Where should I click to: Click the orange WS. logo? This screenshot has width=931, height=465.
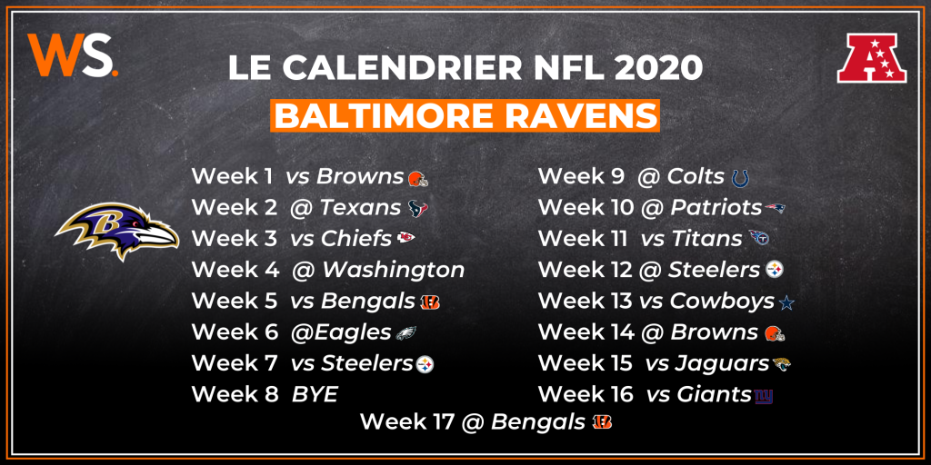point(72,55)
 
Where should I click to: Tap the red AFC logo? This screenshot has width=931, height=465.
point(872,57)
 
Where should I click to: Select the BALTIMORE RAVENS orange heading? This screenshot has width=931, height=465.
point(465,116)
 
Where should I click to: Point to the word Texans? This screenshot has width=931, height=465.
point(360,208)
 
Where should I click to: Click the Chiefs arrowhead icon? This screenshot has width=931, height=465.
point(406,238)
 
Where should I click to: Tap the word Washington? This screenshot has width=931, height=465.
point(393,270)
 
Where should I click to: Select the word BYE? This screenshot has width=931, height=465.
point(315,394)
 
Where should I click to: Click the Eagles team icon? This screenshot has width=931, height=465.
point(406,332)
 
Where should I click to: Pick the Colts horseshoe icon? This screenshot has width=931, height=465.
point(740,177)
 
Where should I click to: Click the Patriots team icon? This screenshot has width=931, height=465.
point(775,208)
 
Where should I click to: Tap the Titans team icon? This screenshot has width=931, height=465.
point(759,239)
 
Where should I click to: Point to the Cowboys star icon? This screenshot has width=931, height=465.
point(786,303)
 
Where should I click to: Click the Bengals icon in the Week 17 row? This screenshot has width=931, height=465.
point(602,423)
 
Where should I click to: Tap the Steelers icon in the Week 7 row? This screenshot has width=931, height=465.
point(425,364)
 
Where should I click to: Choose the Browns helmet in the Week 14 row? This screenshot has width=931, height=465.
point(775,333)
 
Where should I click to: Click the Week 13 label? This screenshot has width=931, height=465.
point(585,301)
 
